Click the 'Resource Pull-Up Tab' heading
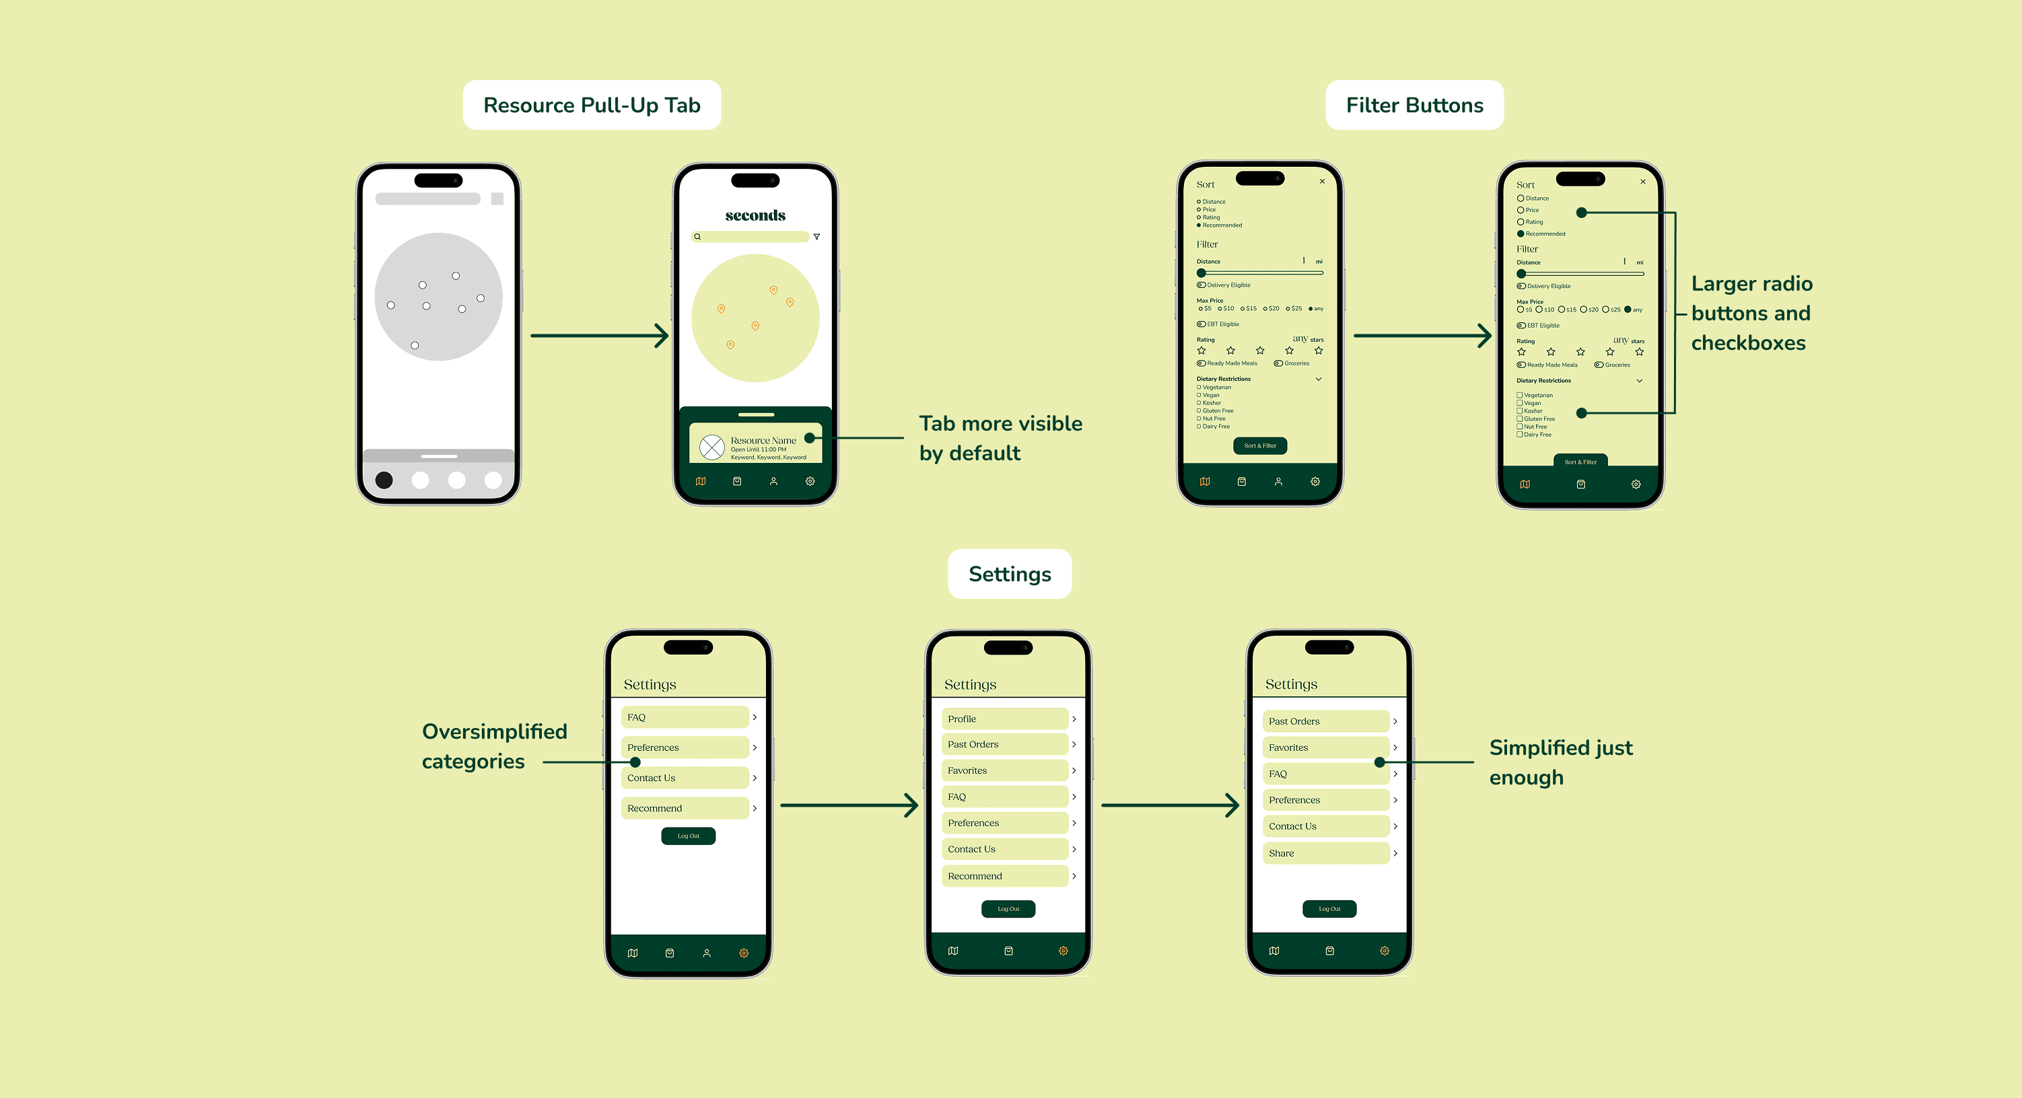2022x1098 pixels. tap(591, 105)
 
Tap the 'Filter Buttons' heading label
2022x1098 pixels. tap(1414, 105)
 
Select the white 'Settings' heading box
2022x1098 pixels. tap(1010, 574)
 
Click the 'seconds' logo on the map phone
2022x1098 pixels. tap(755, 215)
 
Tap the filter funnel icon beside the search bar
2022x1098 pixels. tap(816, 236)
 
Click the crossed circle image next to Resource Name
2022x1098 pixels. tap(712, 447)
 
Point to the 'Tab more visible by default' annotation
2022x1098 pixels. tap(1000, 438)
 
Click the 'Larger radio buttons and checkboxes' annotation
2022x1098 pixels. tap(1751, 313)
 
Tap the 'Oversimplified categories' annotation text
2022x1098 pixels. tap(494, 745)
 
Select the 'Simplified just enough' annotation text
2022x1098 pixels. tap(1560, 762)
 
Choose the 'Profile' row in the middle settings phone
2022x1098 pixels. tap(1005, 719)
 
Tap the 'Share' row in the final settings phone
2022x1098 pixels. tap(1326, 853)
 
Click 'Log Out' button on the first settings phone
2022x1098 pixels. tap(689, 836)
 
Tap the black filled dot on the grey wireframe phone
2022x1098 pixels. tap(384, 480)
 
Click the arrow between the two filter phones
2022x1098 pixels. tap(1422, 336)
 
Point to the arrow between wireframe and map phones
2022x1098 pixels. tap(599, 336)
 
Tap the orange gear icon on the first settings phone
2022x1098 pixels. tap(743, 953)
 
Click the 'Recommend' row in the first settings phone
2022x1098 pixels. tap(685, 809)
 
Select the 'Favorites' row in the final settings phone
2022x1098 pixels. tap(1326, 748)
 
